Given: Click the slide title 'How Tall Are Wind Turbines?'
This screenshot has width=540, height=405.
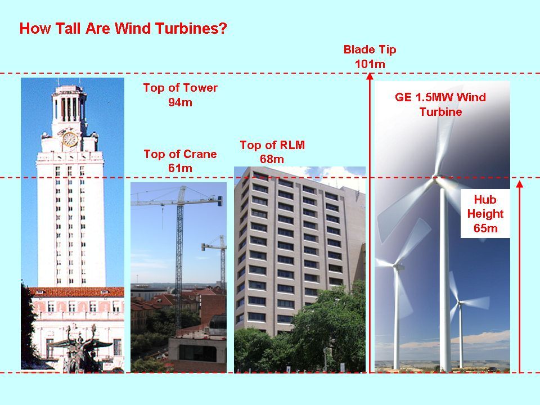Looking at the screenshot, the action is pyautogui.click(x=123, y=28).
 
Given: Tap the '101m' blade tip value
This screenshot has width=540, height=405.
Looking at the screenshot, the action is pyautogui.click(x=370, y=64).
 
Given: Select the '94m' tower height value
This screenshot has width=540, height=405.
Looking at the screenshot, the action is pyautogui.click(x=180, y=102).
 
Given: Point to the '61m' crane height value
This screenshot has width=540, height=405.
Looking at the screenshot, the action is pyautogui.click(x=180, y=168).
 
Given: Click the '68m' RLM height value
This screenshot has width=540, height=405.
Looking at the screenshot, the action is pyautogui.click(x=272, y=159).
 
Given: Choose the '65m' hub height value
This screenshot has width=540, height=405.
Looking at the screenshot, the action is pyautogui.click(x=485, y=228).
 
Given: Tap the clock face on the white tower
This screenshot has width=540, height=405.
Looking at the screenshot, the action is pyautogui.click(x=70, y=139).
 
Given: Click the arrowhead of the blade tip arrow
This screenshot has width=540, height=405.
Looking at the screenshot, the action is pyautogui.click(x=370, y=76).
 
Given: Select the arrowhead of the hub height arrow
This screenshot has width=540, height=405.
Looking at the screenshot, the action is pyautogui.click(x=520, y=184).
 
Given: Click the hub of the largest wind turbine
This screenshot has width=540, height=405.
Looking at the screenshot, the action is pyautogui.click(x=436, y=178).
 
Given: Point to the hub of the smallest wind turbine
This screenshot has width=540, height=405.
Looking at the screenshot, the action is pyautogui.click(x=460, y=303).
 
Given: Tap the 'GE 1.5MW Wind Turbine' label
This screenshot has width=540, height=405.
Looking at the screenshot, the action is pyautogui.click(x=440, y=105).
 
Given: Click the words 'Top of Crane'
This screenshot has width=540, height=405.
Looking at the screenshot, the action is pyautogui.click(x=180, y=154).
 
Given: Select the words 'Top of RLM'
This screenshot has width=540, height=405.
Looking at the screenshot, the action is pyautogui.click(x=272, y=145).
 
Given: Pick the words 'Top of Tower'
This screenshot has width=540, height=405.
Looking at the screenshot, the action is pyautogui.click(x=180, y=88).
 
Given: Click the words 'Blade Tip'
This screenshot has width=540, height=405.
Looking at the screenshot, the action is pyautogui.click(x=370, y=49).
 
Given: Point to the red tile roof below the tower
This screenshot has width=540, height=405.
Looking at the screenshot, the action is pyautogui.click(x=77, y=292).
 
